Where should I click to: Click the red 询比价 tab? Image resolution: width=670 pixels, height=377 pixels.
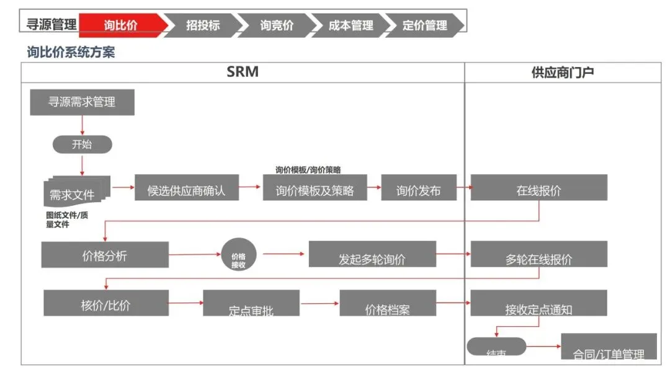pyautogui.click(x=122, y=25)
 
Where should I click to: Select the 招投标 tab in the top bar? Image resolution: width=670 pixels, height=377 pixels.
pyautogui.click(x=203, y=25)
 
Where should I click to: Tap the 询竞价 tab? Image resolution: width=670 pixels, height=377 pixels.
pyautogui.click(x=277, y=25)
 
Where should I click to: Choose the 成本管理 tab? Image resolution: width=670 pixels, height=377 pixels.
pyautogui.click(x=351, y=25)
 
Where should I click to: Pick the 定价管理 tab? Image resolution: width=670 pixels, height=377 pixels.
pyautogui.click(x=425, y=25)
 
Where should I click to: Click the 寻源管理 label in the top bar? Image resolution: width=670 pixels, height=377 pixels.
pyautogui.click(x=51, y=25)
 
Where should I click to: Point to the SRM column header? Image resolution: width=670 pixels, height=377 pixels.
pyautogui.click(x=243, y=72)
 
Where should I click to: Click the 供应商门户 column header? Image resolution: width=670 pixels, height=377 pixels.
pyautogui.click(x=563, y=73)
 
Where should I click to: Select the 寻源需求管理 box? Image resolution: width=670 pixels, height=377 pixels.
pyautogui.click(x=82, y=102)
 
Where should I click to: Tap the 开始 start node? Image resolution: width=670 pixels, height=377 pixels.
pyautogui.click(x=82, y=144)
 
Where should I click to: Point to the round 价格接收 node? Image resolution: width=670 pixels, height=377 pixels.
pyautogui.click(x=239, y=255)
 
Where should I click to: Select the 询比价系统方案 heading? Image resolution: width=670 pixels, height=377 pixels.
pyautogui.click(x=71, y=53)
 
